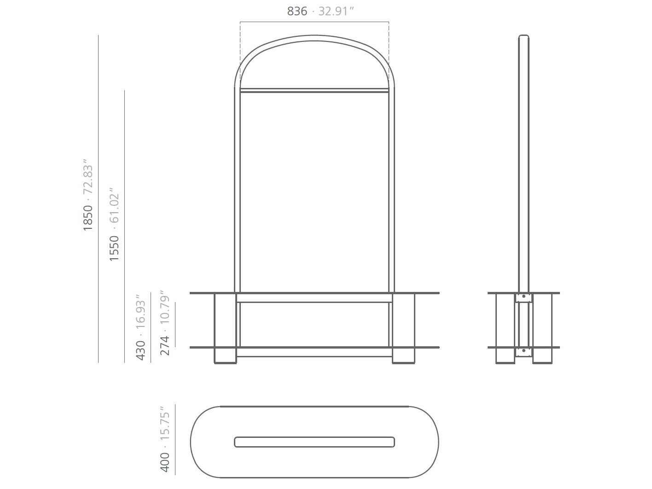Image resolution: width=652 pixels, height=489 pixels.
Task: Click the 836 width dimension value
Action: (x=297, y=11)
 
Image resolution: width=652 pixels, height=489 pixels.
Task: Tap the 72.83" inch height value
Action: (x=87, y=177)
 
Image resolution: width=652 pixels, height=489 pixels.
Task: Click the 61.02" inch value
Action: (x=114, y=205)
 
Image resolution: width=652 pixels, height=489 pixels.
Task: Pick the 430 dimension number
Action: (x=140, y=350)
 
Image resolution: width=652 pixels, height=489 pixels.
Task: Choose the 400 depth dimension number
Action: (x=164, y=462)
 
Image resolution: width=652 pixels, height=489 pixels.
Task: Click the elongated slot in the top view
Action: (x=314, y=442)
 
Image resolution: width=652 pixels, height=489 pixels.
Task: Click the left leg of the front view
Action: (x=225, y=328)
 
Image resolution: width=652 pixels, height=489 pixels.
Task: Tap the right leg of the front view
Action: (x=403, y=328)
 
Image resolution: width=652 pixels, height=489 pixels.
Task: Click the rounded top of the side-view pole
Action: (x=524, y=37)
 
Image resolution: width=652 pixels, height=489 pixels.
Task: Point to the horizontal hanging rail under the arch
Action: (x=314, y=90)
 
